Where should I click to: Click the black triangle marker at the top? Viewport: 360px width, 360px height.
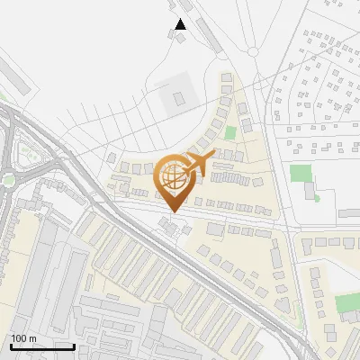(x=180, y=24)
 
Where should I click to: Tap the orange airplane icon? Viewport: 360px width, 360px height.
(x=196, y=164)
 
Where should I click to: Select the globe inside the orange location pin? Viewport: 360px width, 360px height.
(x=172, y=177)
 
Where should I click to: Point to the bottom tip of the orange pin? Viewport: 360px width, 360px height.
(x=172, y=212)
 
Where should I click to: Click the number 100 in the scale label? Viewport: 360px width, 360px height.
(x=20, y=338)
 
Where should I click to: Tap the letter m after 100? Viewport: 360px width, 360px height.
(x=33, y=338)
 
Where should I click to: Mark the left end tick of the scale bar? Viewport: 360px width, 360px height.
(x=11, y=346)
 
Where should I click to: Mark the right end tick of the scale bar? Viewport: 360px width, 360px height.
(x=74, y=346)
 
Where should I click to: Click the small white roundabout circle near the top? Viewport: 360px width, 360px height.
(x=254, y=52)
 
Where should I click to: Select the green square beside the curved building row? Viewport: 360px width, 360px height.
(x=230, y=133)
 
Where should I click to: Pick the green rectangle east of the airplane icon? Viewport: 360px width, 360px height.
(x=301, y=172)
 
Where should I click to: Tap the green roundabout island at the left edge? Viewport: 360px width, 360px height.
(x=9, y=180)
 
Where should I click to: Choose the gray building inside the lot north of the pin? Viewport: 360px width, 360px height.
(x=178, y=96)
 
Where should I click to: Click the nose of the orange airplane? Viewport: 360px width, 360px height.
(x=213, y=157)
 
